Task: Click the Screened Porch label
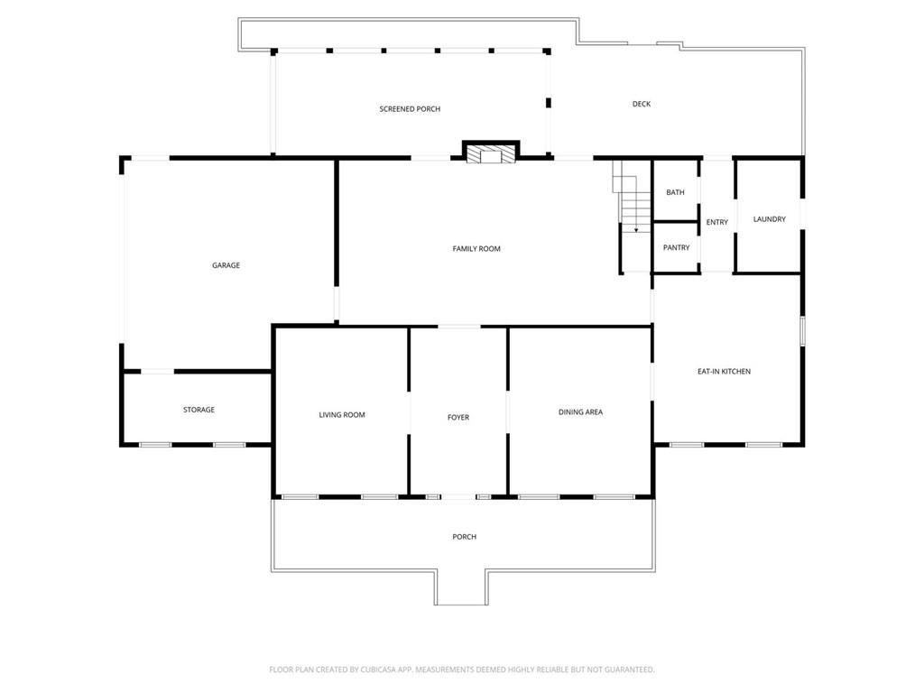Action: click(410, 109)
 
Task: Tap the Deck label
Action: click(641, 104)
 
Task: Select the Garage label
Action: click(226, 265)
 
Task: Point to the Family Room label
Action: click(476, 249)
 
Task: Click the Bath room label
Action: click(675, 192)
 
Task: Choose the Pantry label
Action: click(676, 248)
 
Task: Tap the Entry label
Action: click(717, 223)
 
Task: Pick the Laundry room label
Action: click(769, 219)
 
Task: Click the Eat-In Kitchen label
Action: click(724, 372)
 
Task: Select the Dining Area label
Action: click(580, 412)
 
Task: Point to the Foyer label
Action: click(458, 418)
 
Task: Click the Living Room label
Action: click(342, 415)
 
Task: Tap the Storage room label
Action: click(199, 410)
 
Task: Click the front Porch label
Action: click(464, 537)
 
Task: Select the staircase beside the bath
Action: click(633, 203)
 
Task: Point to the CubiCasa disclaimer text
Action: click(462, 670)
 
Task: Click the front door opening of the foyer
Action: click(458, 496)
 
